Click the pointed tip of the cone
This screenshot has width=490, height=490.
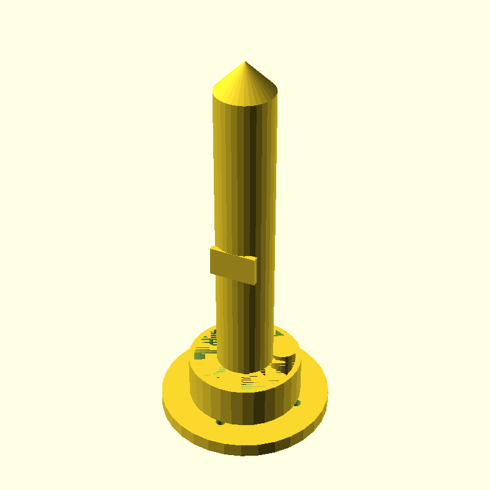(x=246, y=62)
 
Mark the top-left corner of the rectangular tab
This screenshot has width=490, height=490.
(x=212, y=247)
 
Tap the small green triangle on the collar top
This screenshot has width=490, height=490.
(x=279, y=334)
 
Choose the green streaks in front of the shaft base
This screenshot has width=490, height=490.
(x=251, y=383)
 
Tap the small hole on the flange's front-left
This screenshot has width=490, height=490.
(x=219, y=422)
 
